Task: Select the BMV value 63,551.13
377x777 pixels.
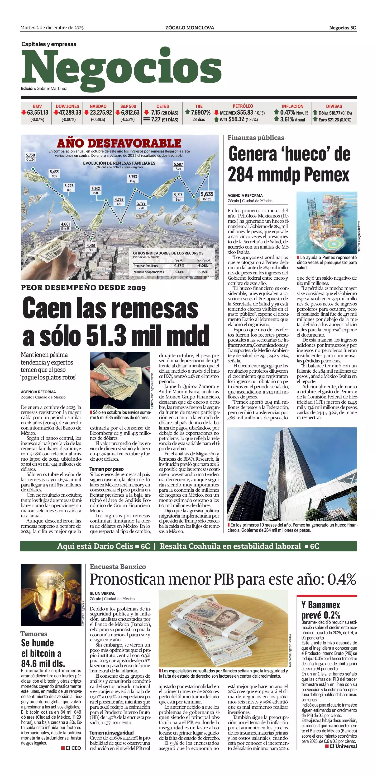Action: (x=38, y=112)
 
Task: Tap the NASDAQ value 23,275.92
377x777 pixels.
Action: (x=100, y=112)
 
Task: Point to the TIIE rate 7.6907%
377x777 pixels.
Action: (x=200, y=112)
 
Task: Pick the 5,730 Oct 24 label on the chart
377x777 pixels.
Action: (x=30, y=157)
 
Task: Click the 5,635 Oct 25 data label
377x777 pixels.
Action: (x=207, y=196)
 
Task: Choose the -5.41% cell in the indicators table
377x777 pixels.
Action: (x=179, y=272)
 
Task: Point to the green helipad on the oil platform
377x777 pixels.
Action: (x=330, y=243)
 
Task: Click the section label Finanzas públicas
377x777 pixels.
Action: (x=256, y=138)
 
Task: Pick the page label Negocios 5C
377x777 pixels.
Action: (x=342, y=28)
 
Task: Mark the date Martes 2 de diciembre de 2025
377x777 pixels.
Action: (x=52, y=28)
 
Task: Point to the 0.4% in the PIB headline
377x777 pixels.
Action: (x=342, y=579)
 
